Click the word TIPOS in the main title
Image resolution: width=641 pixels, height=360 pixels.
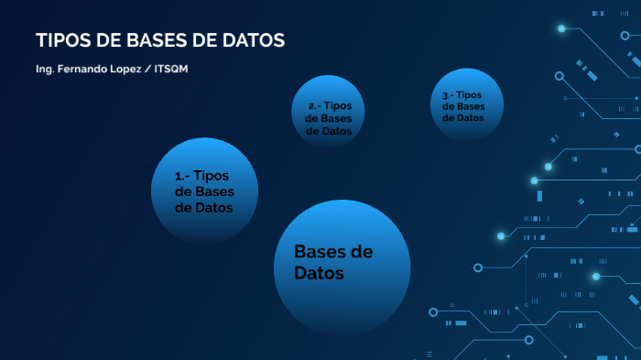pos(60,41)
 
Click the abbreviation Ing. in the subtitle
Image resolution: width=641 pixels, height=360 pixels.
pos(44,70)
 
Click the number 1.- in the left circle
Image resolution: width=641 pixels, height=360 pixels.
pos(182,176)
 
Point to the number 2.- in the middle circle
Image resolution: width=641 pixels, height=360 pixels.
pos(313,106)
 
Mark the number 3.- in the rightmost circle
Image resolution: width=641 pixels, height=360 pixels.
pos(447,95)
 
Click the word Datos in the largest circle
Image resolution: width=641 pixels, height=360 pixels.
pos(319,273)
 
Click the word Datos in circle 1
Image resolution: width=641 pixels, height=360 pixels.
pos(203,207)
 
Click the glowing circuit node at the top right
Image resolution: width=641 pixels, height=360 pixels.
pos(561,28)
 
